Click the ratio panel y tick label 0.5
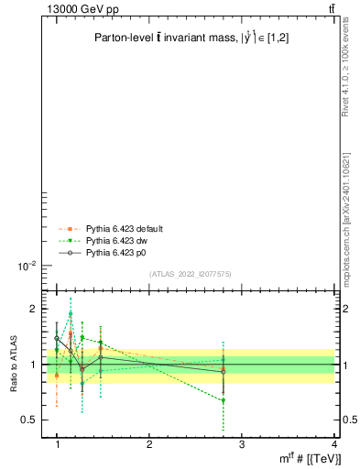tap(29, 420)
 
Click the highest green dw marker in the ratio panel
tap(71, 313)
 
